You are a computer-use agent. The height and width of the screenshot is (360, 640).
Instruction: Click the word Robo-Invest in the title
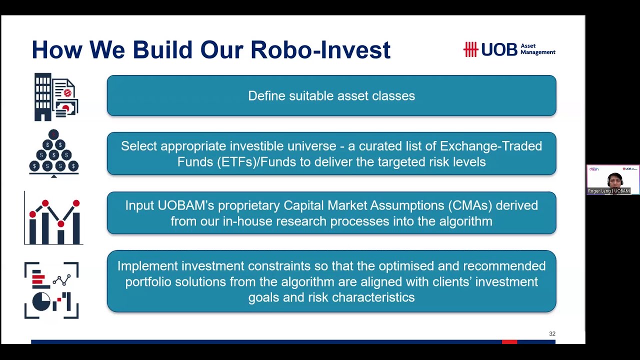320,50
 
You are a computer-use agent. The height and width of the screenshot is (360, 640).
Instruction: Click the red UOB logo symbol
470,49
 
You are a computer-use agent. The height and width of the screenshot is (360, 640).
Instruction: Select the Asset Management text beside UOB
537,49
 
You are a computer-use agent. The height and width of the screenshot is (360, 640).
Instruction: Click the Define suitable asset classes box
331,95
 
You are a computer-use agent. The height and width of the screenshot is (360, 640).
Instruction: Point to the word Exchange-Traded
490,146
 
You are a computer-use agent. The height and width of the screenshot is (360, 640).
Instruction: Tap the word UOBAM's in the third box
184,205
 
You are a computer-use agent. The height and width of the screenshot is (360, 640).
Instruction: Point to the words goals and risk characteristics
331,297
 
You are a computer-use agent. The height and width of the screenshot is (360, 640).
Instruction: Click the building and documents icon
55,97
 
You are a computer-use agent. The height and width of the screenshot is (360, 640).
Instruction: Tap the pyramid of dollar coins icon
53,152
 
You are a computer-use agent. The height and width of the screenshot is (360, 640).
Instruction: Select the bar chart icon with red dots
54,219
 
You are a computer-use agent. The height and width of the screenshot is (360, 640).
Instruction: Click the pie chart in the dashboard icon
41,301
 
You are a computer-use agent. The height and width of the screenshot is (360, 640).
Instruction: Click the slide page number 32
552,333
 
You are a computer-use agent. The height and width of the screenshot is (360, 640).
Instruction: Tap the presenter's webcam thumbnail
613,179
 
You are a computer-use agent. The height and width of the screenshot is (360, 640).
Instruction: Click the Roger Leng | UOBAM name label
609,191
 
